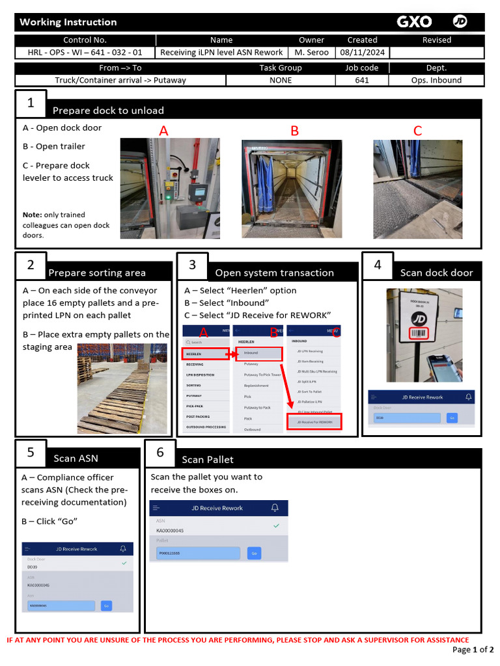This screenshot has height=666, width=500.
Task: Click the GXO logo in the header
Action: tap(414, 22)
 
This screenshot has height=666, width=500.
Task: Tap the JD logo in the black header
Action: tap(460, 22)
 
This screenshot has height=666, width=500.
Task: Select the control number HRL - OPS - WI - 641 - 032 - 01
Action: tap(85, 52)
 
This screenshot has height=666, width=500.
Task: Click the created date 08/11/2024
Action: tap(362, 52)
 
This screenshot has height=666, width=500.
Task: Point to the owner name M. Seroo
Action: tap(311, 52)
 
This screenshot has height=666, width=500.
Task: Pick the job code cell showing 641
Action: tap(362, 80)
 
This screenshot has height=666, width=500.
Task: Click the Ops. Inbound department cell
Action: tap(436, 80)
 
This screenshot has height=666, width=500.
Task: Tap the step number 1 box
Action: tap(31, 103)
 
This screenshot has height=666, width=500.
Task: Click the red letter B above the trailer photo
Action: tap(294, 131)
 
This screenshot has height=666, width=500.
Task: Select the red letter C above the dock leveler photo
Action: tap(417, 131)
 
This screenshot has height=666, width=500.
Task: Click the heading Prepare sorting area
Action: tap(97, 273)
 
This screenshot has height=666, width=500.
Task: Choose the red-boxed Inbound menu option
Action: tap(258, 353)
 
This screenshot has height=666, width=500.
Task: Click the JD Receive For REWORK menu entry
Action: tap(314, 422)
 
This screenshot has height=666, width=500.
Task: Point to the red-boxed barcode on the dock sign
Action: tap(419, 334)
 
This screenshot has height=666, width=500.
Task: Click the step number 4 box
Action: tap(378, 265)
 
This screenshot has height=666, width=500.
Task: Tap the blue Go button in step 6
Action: tap(254, 553)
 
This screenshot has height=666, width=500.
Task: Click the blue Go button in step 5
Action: tap(106, 606)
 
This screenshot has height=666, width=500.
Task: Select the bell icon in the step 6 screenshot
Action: tap(275, 508)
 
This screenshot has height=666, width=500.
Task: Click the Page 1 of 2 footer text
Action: tap(473, 650)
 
